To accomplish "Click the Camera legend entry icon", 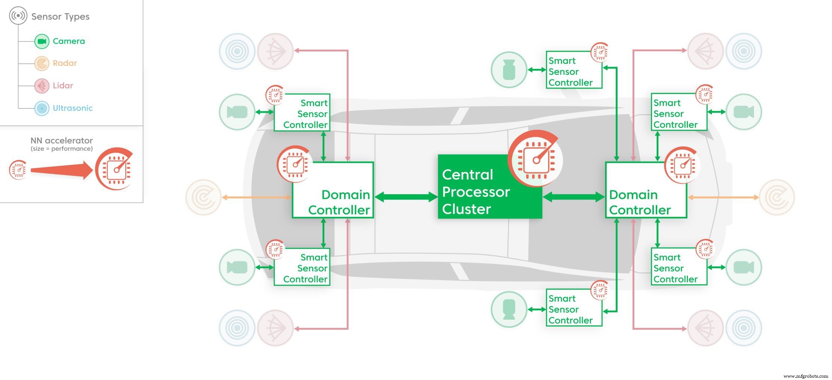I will (x=42, y=41).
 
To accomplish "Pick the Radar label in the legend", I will (x=65, y=63).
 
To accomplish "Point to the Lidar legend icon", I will (x=42, y=86).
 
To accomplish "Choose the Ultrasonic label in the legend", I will (x=73, y=108).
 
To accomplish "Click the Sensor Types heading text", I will (x=60, y=16).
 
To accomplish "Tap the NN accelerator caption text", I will (x=61, y=141).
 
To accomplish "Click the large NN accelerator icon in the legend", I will (x=115, y=169).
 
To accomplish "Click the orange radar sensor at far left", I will (x=204, y=197).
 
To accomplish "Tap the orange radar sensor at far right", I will (x=777, y=197).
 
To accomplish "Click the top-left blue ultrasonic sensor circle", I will (x=237, y=51).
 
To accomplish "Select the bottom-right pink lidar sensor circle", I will (x=705, y=328).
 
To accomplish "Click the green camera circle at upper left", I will (x=237, y=112).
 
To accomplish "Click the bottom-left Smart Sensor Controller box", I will (x=302, y=267).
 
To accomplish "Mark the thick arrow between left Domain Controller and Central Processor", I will (x=406, y=197).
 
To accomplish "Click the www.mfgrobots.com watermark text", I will (x=805, y=376).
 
